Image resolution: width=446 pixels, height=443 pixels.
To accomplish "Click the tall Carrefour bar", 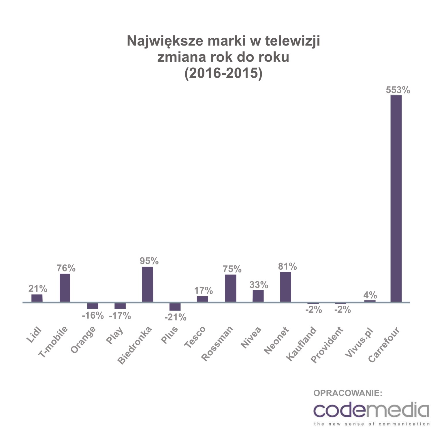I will click(x=396, y=198).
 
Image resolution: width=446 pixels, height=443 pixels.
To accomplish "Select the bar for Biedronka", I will click(x=148, y=284).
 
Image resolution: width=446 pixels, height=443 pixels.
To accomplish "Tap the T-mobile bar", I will click(x=65, y=288).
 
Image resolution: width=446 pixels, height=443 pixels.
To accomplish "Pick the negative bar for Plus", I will click(x=175, y=307).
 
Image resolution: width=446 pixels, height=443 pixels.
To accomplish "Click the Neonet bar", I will click(x=285, y=287).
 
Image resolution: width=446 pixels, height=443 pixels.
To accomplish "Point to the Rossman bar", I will click(x=231, y=288).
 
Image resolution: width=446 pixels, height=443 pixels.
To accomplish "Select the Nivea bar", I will click(x=258, y=296).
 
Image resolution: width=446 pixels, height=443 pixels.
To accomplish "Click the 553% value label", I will click(x=398, y=90).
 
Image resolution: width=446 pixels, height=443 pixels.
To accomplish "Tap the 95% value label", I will click(x=149, y=261).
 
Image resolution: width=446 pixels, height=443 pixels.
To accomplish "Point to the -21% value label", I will click(x=175, y=318).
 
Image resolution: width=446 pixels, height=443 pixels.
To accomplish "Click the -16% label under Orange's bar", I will click(x=93, y=316).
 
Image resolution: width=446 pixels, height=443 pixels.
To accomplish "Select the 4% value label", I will click(x=370, y=295).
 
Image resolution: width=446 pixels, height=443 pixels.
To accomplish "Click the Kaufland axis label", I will click(x=301, y=344).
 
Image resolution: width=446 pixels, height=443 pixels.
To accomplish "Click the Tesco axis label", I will click(x=195, y=337).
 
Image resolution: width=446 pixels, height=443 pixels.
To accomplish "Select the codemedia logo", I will click(x=371, y=411).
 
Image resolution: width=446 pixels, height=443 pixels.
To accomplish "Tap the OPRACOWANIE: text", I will click(x=348, y=393).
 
